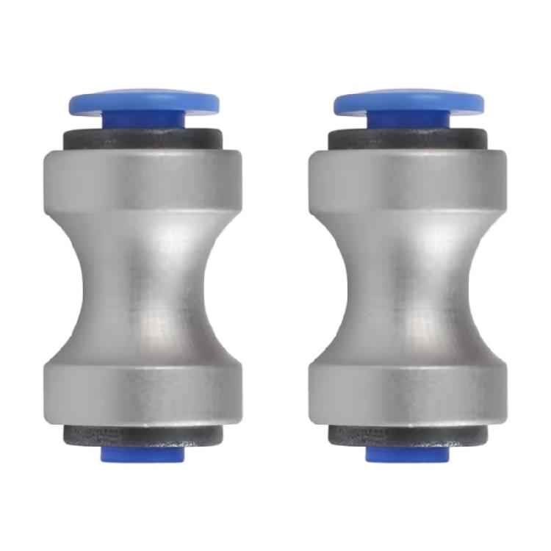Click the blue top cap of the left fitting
coord(144,101)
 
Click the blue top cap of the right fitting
coord(410,101)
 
